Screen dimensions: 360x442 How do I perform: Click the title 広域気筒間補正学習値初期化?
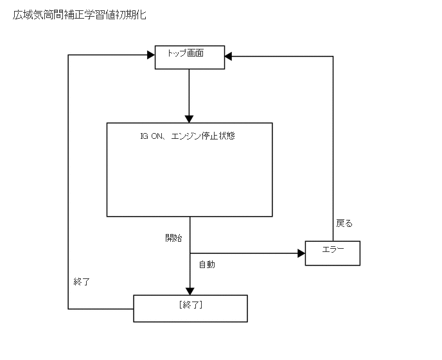pyautogui.click(x=79, y=14)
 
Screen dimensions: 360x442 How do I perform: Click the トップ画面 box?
pyautogui.click(x=190, y=57)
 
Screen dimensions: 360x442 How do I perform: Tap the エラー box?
pyautogui.click(x=332, y=253)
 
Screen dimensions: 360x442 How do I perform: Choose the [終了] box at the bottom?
pyautogui.click(x=190, y=308)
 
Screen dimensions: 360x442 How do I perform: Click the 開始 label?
pyautogui.click(x=173, y=238)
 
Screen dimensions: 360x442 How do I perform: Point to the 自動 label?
pyautogui.click(x=207, y=264)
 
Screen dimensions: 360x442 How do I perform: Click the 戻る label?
pyautogui.click(x=344, y=224)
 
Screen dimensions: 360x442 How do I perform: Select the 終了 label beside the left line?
pyautogui.click(x=82, y=282)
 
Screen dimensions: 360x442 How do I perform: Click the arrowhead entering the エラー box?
pyautogui.click(x=301, y=253)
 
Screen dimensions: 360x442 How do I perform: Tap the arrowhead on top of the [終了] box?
pyautogui.click(x=190, y=291)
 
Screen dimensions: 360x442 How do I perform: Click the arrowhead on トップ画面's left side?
pyautogui.click(x=151, y=57)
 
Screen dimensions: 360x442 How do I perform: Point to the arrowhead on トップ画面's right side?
pyautogui.click(x=229, y=57)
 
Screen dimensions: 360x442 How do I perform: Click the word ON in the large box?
pyautogui.click(x=157, y=136)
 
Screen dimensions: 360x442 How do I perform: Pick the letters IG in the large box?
pyautogui.click(x=143, y=136)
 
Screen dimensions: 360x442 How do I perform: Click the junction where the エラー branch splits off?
pyautogui.click(x=190, y=253)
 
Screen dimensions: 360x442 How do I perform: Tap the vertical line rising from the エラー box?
pyautogui.click(x=333, y=148)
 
